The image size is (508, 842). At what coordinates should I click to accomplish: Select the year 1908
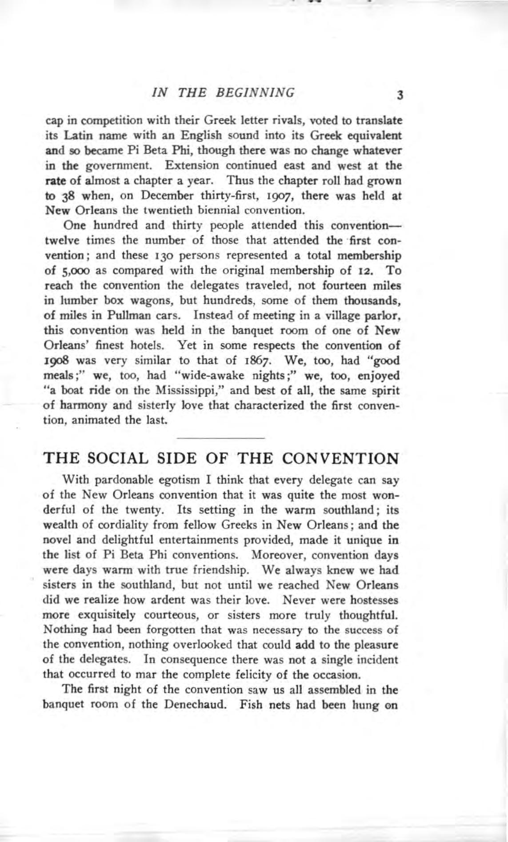[x=57, y=361]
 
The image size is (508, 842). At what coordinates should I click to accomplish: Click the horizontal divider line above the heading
[x=220, y=438]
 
